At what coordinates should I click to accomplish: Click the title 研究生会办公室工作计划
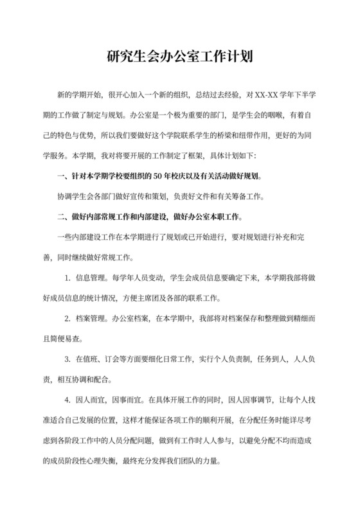[x=179, y=57]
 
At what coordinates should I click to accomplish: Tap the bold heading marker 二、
[x=62, y=216]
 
